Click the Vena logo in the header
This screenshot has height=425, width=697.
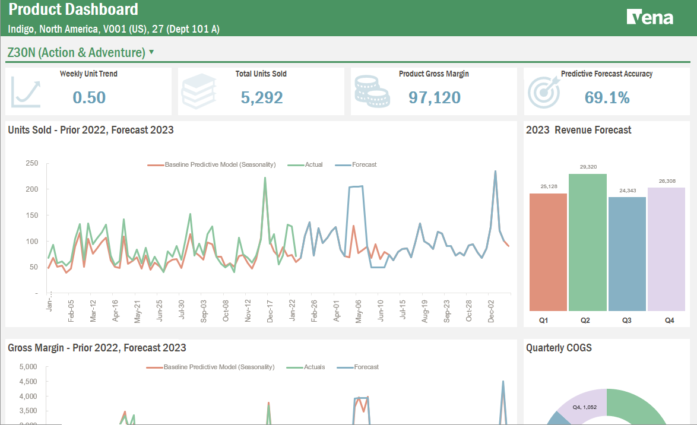click(650, 17)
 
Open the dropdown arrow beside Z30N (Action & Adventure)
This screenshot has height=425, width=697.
click(151, 52)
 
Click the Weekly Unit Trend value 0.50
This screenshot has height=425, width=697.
click(89, 97)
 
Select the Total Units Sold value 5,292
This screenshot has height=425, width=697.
click(261, 97)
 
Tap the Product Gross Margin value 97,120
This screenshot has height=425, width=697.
click(434, 97)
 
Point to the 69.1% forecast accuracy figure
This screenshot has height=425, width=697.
click(607, 97)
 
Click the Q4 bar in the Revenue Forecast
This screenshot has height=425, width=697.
click(666, 249)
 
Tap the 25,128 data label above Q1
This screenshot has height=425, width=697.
click(548, 186)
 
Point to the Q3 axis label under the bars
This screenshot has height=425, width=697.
click(627, 320)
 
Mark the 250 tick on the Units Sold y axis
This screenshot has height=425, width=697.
click(32, 163)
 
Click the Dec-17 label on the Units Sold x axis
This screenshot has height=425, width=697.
click(270, 311)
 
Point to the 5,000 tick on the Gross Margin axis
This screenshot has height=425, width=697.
click(28, 367)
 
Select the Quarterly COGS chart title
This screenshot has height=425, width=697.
click(559, 348)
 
